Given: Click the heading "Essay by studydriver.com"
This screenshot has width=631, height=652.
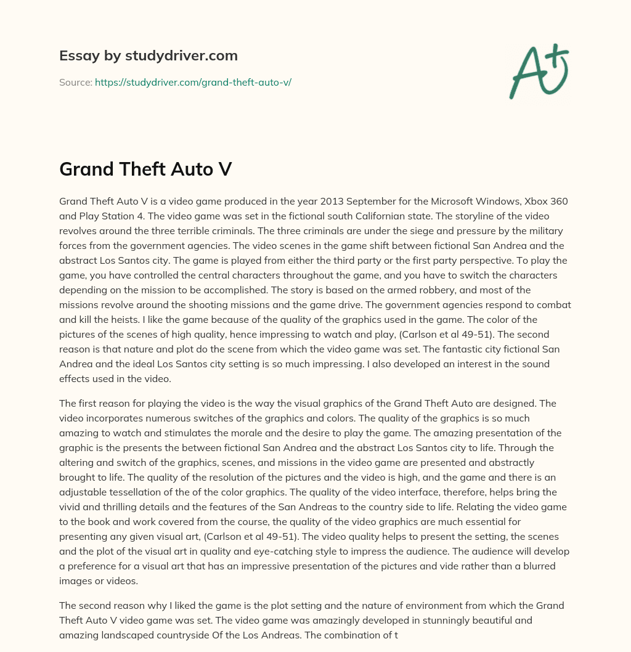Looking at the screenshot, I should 149,55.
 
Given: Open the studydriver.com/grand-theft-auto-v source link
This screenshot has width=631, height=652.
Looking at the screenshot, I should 193,82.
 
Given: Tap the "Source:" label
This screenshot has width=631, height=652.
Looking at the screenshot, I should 75,82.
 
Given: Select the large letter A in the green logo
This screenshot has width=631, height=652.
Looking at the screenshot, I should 527,73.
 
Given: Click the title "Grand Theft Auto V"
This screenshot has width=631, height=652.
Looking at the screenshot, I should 145,169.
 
